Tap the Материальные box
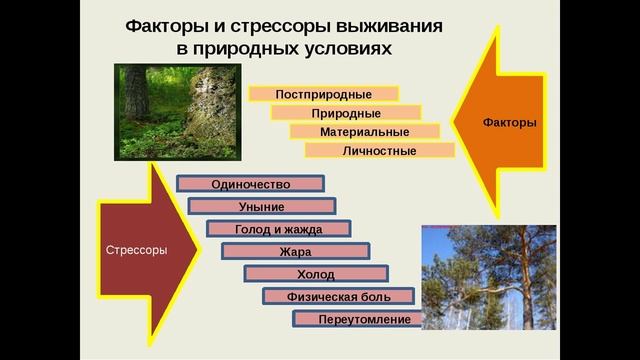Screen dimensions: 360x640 pos(364,132)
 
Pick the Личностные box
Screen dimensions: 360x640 pos(379,151)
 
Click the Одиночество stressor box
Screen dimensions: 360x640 pos(250,185)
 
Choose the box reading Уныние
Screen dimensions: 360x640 pos(261,207)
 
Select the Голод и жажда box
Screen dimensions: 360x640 pos(279,229)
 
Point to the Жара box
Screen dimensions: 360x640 pos(295,252)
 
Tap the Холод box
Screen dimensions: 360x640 pos(316,274)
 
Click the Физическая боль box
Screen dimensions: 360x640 pos(337,297)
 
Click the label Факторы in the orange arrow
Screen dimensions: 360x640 pos(509,122)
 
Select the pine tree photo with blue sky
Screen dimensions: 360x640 pos(488,277)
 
